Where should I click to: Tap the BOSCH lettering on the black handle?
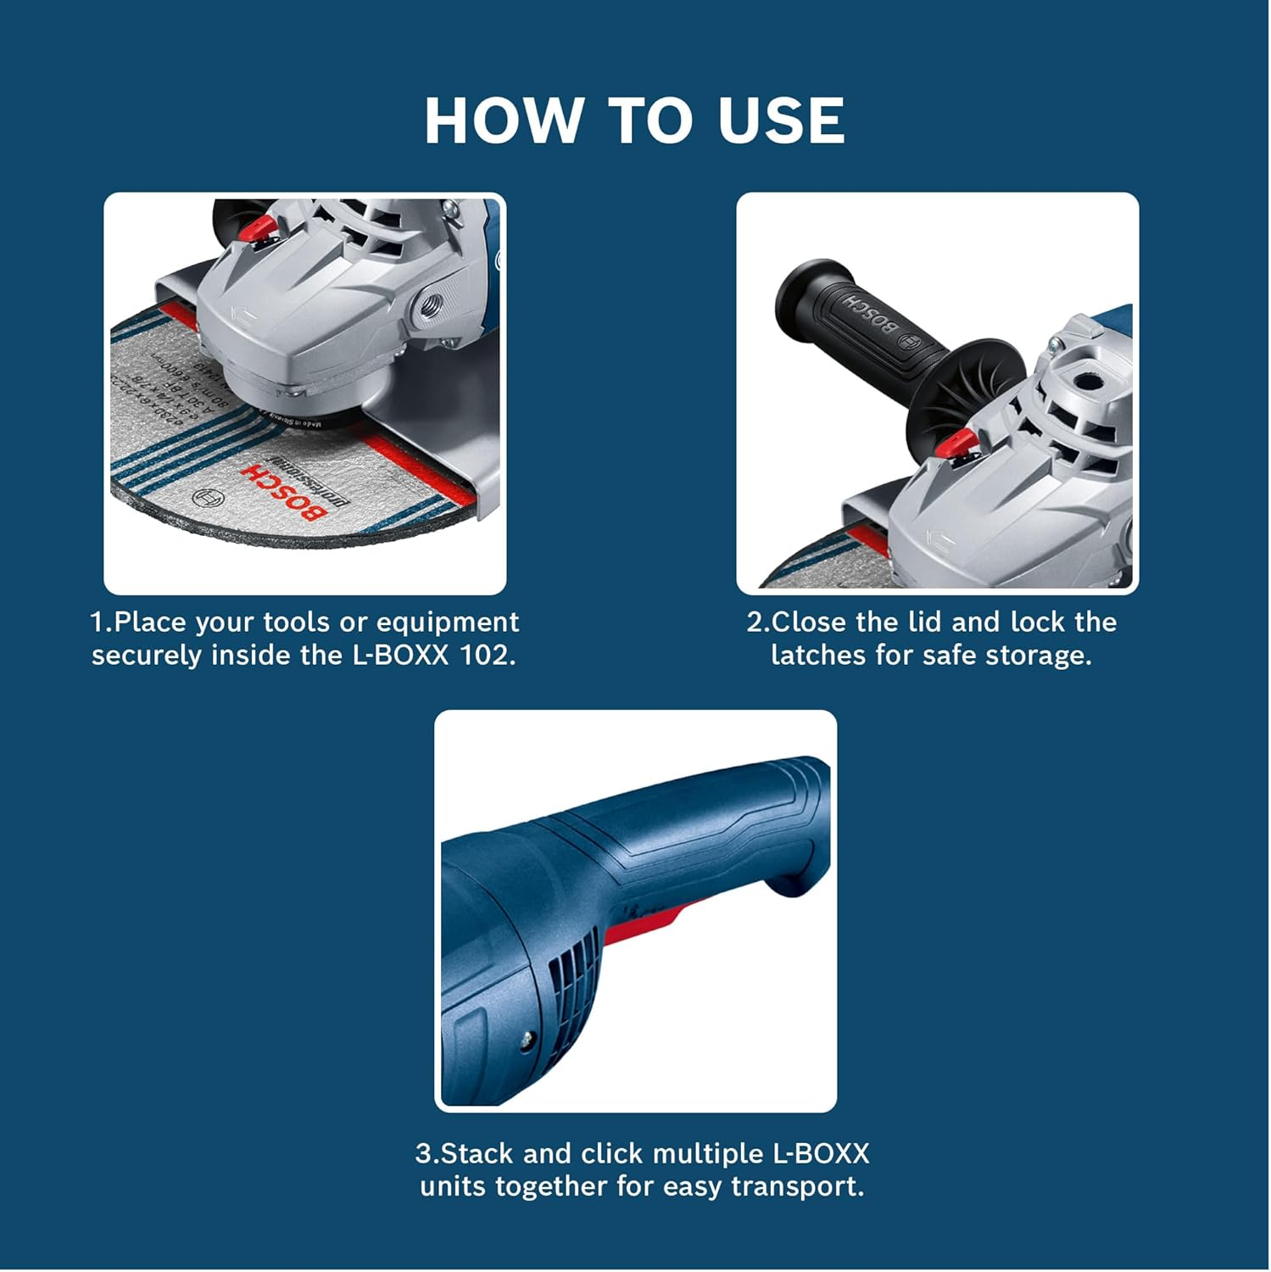click(x=870, y=313)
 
